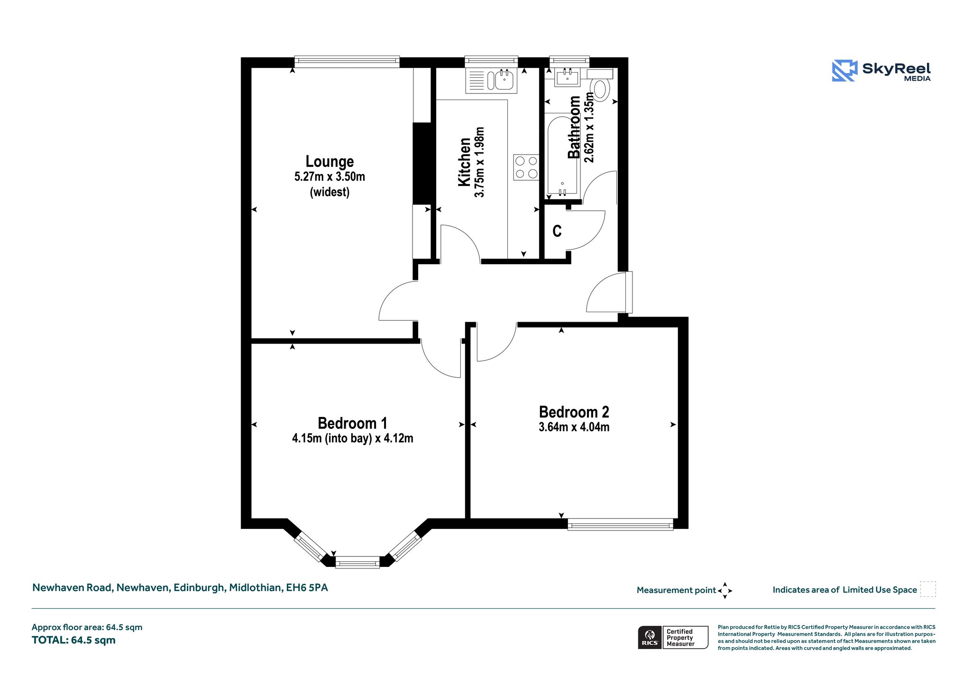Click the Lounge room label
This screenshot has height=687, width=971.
[x=330, y=162]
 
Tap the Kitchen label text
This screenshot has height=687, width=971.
[x=464, y=162]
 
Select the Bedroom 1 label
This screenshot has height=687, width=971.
[x=352, y=423]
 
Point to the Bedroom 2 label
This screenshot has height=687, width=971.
[x=574, y=412]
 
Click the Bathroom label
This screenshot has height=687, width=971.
[x=574, y=127]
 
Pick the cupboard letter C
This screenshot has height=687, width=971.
[x=557, y=231]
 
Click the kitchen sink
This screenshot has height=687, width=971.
[x=491, y=81]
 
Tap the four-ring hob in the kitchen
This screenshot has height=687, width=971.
[x=526, y=167]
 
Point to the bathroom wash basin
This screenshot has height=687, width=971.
[x=567, y=77]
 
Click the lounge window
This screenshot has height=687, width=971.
[x=347, y=61]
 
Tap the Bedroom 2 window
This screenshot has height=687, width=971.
[x=620, y=525]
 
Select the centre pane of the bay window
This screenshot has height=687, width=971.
[x=357, y=563]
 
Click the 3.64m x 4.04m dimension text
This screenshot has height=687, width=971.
[x=574, y=427]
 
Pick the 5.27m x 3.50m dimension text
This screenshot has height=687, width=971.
[x=330, y=177]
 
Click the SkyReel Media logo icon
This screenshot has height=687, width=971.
[x=844, y=71]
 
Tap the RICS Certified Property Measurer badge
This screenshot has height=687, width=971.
[x=673, y=637]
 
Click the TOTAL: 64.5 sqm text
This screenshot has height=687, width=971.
[x=73, y=640]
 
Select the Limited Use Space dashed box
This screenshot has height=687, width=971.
[x=928, y=589]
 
